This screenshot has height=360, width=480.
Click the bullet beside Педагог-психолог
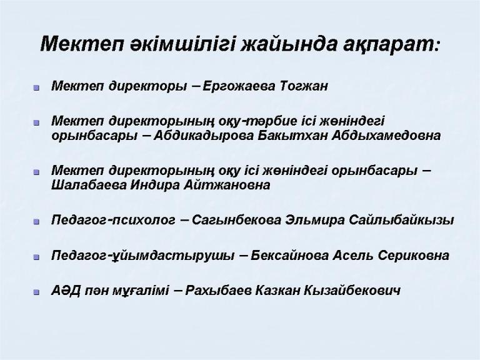(37, 221)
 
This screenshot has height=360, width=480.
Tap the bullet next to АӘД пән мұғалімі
(37, 292)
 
